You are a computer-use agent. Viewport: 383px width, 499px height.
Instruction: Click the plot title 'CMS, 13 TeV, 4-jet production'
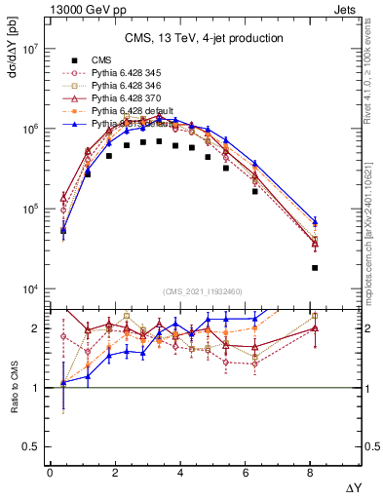204,39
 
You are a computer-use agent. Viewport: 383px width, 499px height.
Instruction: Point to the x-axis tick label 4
180,473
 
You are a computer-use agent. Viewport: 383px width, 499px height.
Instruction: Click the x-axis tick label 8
311,473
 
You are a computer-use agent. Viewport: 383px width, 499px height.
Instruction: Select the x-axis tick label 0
50,473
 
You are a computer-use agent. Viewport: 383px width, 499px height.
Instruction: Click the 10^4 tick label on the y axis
30,289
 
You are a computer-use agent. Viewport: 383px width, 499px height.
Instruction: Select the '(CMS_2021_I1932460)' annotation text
204,291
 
